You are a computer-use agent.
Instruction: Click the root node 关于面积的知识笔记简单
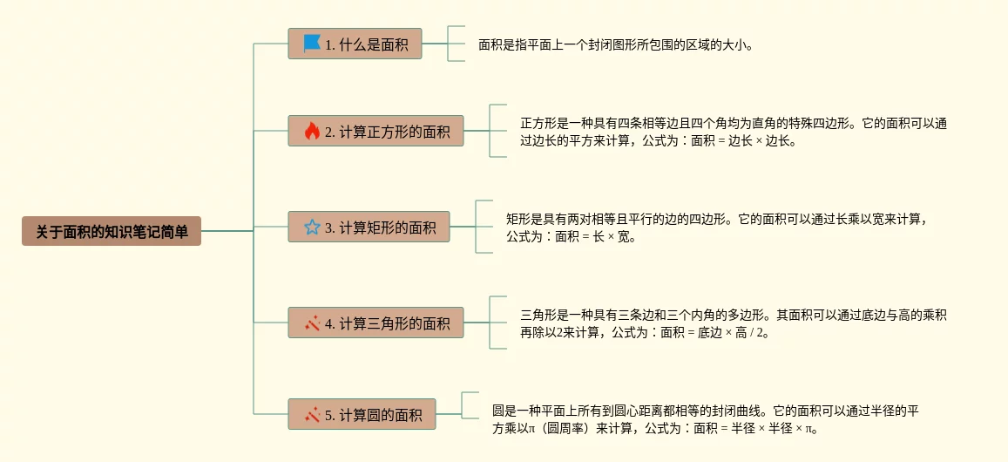tap(112, 231)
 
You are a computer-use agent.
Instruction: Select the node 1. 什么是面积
tap(355, 44)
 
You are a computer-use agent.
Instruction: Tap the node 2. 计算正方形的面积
tap(375, 132)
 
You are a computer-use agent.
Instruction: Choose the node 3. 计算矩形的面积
tap(369, 228)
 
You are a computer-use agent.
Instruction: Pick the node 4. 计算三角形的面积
tap(375, 323)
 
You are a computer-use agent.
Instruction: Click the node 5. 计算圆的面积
tap(362, 415)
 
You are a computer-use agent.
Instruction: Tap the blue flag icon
tap(312, 43)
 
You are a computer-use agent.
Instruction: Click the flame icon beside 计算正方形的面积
tap(312, 132)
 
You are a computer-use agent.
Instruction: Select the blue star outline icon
tap(312, 228)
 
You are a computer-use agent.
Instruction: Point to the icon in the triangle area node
tap(312, 323)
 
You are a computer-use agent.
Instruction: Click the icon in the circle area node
tap(312, 415)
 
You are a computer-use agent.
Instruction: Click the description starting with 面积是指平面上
tap(615, 44)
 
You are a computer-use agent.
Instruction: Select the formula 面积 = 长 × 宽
tap(595, 236)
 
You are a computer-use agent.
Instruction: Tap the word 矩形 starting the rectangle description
tap(520, 219)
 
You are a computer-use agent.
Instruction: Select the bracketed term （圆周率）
tap(565, 428)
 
